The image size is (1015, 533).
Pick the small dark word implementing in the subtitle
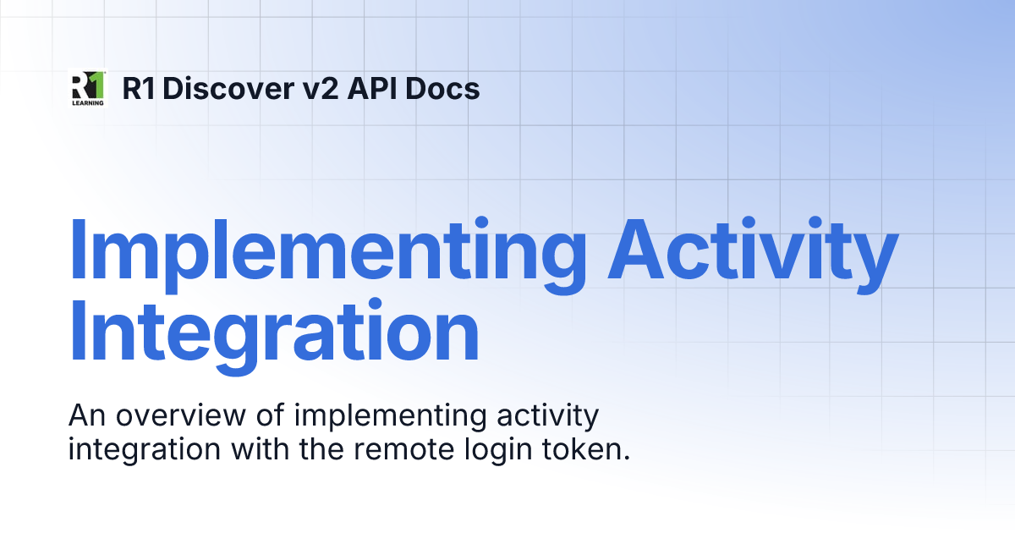[x=366, y=418]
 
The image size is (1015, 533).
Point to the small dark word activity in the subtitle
[x=545, y=418]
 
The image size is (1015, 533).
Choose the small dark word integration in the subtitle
[x=140, y=449]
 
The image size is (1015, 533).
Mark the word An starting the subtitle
[x=85, y=416]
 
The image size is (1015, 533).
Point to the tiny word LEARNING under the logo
[x=87, y=102]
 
